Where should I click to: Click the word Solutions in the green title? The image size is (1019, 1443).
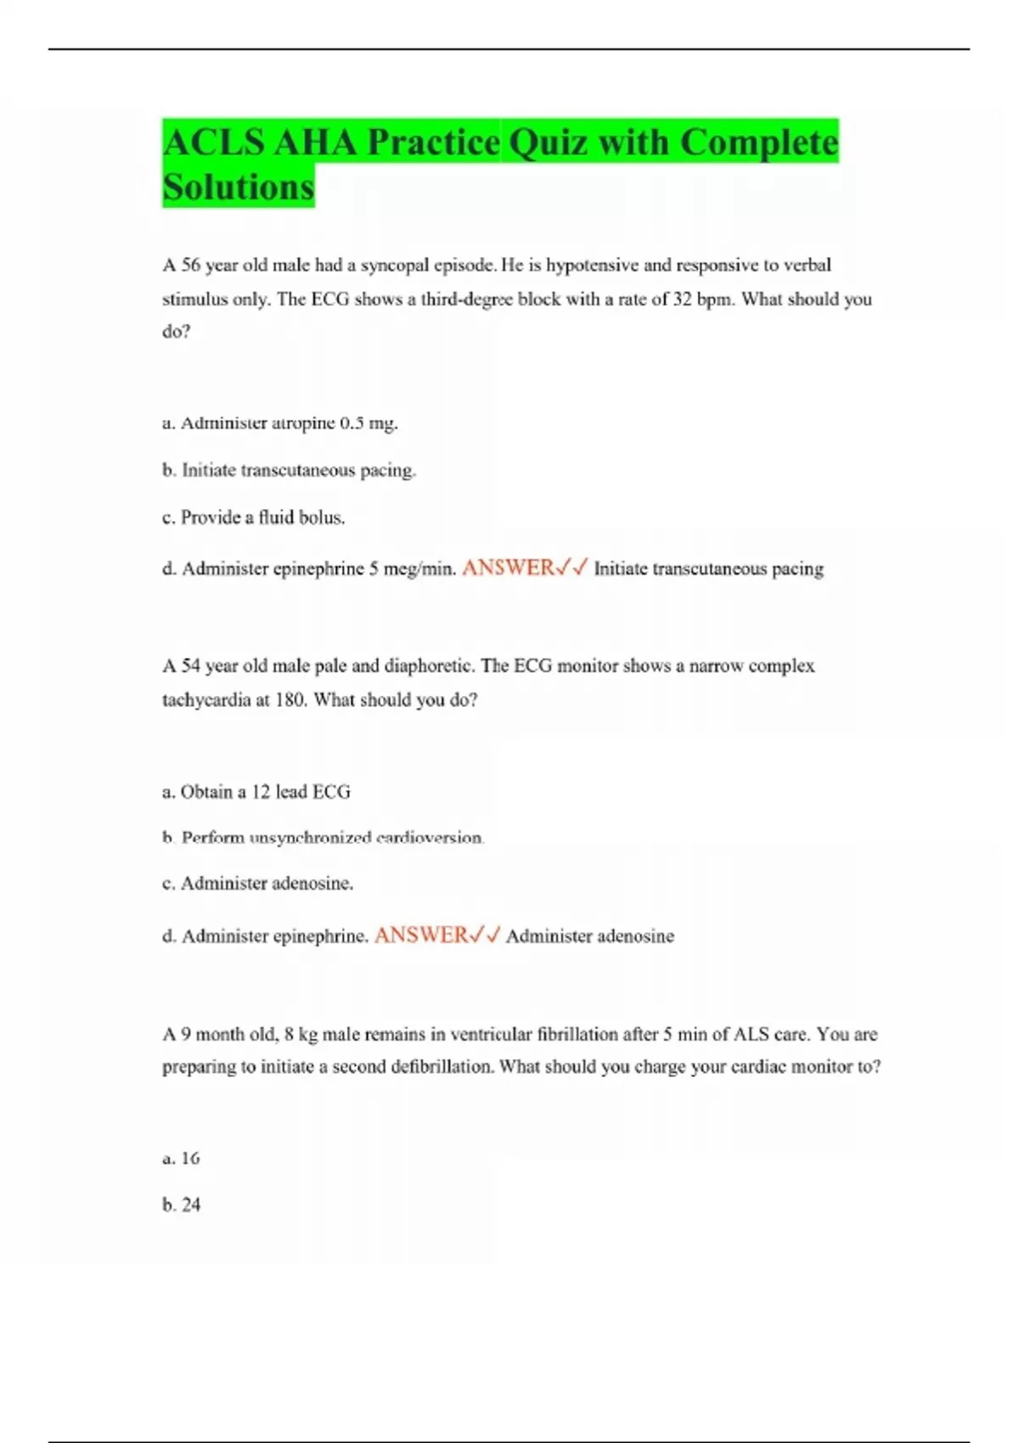tap(238, 187)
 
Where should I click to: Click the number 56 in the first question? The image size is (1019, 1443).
tap(191, 265)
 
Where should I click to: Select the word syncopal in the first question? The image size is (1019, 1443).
tap(395, 265)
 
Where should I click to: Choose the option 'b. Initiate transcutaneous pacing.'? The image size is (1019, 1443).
tap(289, 470)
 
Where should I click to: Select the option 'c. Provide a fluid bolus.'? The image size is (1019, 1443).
tap(253, 517)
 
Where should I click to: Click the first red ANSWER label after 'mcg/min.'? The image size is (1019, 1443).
tap(508, 568)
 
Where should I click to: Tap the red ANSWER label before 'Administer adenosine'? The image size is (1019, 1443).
tap(420, 935)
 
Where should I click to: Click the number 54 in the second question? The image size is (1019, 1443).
tap(191, 665)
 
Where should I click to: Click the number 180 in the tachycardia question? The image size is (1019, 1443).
tap(290, 700)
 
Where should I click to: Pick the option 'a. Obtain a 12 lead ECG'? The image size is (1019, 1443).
tap(256, 792)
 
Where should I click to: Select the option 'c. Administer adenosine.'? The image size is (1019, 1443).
tap(257, 884)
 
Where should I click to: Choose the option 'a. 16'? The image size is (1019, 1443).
tap(181, 1158)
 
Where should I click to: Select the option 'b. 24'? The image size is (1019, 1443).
tap(181, 1204)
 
